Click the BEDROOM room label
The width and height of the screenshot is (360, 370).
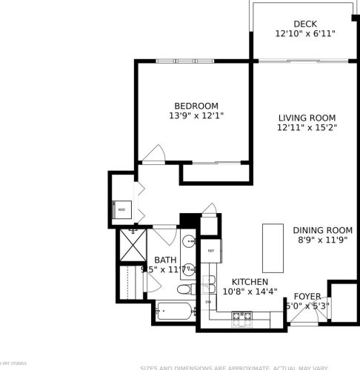[x=191, y=105]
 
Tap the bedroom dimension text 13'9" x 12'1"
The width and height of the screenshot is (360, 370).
[x=191, y=115]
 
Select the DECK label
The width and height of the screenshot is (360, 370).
[x=305, y=24]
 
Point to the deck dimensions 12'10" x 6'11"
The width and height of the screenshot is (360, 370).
[x=305, y=34]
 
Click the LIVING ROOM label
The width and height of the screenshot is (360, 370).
[x=307, y=118]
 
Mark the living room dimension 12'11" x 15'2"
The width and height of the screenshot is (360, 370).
[x=307, y=128]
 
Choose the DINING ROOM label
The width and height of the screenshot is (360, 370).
[x=321, y=229]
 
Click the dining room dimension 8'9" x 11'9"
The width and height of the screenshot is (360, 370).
[x=321, y=240]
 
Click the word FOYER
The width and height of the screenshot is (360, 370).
[x=307, y=296]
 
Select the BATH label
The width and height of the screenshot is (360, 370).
[x=164, y=260]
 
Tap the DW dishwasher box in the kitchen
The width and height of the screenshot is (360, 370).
[x=208, y=302]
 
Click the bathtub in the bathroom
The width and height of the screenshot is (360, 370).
[x=174, y=312]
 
